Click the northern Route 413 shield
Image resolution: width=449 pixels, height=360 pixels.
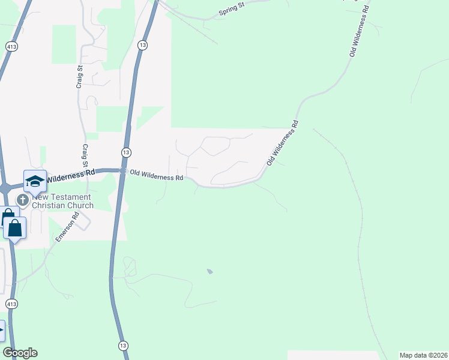tap(11, 46)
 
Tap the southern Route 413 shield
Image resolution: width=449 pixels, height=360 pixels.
tap(11, 304)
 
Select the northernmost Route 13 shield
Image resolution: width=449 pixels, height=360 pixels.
tap(142, 45)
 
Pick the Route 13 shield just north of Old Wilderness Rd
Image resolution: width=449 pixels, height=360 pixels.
tap(125, 152)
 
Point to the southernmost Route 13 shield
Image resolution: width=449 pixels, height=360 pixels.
tap(122, 346)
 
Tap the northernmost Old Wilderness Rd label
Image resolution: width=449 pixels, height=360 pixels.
tap(360, 31)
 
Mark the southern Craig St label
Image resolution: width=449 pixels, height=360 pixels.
tap(85, 155)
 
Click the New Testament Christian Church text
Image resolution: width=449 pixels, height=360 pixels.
tap(62, 201)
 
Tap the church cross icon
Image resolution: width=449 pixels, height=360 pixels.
tap(23, 200)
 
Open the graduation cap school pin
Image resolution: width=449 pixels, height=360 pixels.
tap(35, 181)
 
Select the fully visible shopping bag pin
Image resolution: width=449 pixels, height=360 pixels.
tap(14, 228)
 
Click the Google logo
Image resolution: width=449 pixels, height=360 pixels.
tap(20, 353)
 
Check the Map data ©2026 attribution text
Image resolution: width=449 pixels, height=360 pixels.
tap(423, 355)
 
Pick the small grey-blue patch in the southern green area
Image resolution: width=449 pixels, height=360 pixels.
tap(209, 272)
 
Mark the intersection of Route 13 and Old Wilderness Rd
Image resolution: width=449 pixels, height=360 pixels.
tap(122, 172)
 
